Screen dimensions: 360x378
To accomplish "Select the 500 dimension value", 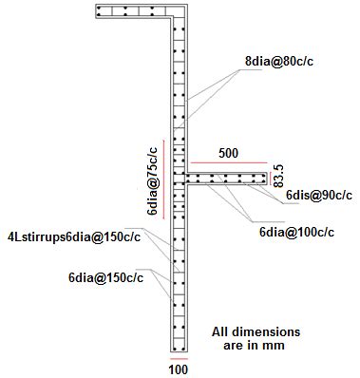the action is (x=228, y=152).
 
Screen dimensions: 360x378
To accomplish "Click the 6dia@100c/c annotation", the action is (x=296, y=231).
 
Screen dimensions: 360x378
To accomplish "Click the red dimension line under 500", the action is (x=228, y=162).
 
